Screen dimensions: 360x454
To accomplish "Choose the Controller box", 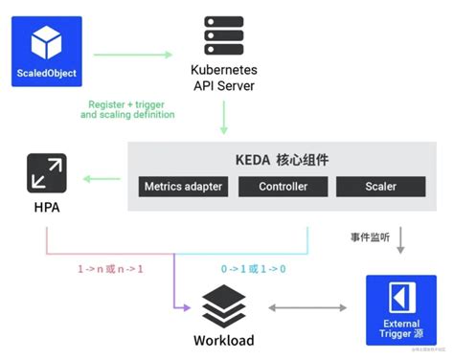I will (283, 186).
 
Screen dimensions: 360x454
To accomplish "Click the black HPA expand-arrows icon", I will (46, 176).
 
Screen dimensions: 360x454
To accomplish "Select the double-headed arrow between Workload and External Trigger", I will (308, 308).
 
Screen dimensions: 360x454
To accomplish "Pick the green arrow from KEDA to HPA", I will (101, 177).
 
